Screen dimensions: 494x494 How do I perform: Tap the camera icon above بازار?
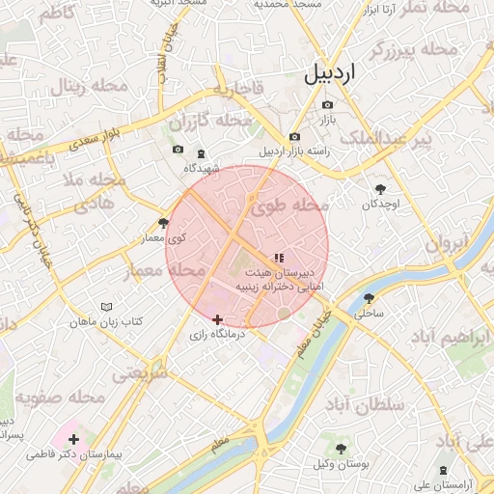327,105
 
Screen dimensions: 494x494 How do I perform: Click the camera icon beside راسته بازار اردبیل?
294,137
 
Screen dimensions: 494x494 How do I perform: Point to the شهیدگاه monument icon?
201,154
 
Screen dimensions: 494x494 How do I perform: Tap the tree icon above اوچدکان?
379,189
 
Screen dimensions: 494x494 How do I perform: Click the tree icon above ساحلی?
369,298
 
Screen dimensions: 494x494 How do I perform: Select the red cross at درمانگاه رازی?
218,318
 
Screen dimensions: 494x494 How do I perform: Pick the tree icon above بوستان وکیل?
342,449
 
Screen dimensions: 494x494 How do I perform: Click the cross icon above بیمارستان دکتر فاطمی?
73,440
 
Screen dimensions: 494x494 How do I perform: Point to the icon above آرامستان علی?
443,470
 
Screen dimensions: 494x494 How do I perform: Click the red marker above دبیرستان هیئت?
279,258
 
